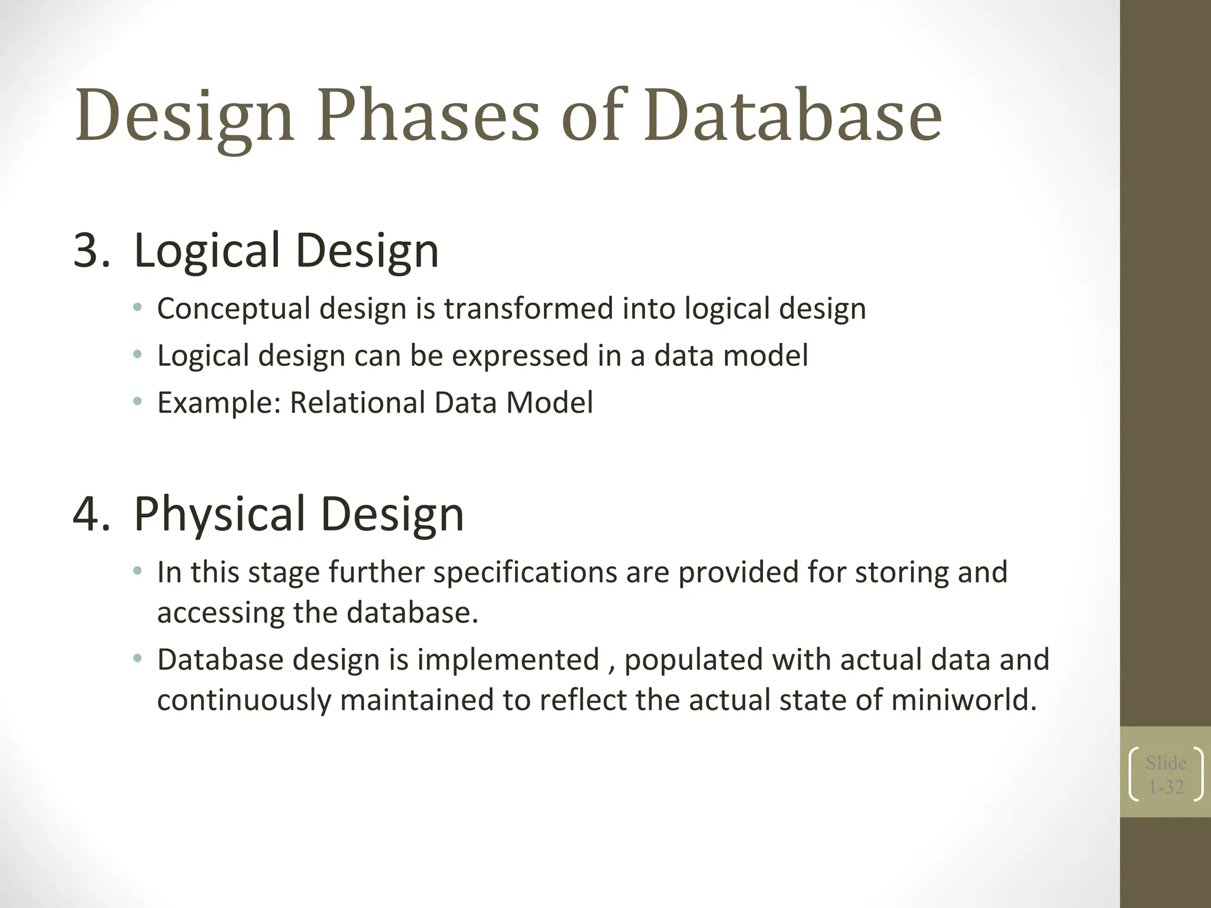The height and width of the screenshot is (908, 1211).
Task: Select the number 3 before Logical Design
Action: click(86, 251)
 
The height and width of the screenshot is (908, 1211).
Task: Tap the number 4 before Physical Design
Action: click(86, 514)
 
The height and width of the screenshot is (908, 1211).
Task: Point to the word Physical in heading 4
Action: click(219, 514)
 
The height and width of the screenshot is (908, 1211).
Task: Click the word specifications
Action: click(525, 573)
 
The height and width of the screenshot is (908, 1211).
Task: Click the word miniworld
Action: click(963, 701)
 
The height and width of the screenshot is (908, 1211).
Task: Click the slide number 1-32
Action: click(1165, 787)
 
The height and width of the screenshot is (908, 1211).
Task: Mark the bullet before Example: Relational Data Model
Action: click(137, 402)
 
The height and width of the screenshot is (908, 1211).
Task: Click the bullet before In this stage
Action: click(137, 571)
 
